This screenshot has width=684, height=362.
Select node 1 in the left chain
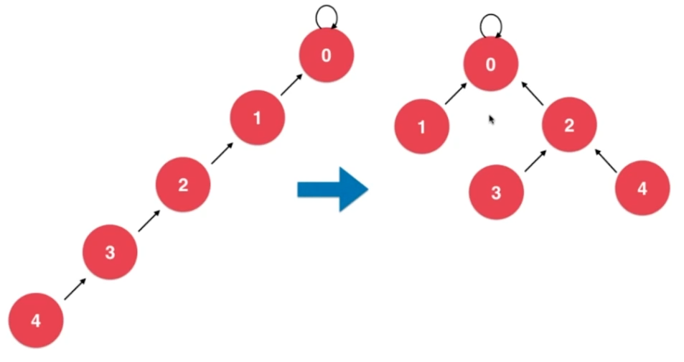tap(257, 119)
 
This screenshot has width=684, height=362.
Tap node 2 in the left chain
tap(183, 185)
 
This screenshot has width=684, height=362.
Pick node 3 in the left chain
tap(109, 253)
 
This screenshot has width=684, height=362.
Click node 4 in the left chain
tap(37, 321)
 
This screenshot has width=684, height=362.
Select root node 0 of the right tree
tap(491, 65)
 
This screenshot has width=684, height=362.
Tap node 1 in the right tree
tap(422, 128)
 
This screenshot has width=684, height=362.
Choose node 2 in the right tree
tap(569, 126)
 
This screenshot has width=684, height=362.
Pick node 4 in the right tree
tap(642, 189)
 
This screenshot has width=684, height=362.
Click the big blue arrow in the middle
tap(332, 190)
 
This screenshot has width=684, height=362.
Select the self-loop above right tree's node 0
tap(490, 24)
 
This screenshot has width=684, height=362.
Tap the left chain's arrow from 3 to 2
tap(148, 221)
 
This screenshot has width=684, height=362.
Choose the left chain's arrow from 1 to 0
tap(291, 83)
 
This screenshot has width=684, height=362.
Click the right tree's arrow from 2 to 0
tap(532, 93)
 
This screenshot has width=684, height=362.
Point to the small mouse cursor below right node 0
tap(492, 119)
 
